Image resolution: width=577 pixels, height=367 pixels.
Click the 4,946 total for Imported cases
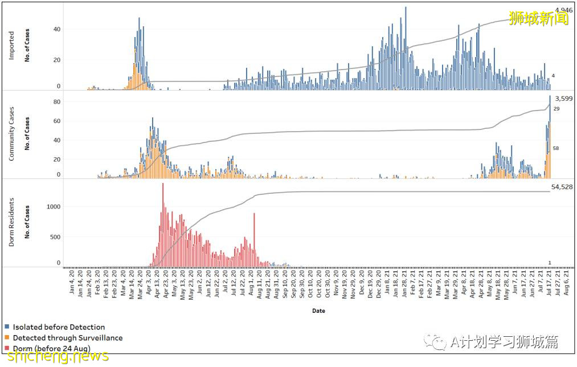coord(563,10)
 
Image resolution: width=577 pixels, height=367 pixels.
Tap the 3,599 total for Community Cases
coord(563,99)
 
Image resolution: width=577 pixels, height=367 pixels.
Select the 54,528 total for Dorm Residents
coord(562,187)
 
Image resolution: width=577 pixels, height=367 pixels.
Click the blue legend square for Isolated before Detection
coord(7,327)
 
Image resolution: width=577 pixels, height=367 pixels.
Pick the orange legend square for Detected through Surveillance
coord(7,338)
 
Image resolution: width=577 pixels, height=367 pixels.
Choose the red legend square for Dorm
coord(7,348)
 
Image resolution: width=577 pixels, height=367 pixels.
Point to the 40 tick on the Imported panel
coord(57,29)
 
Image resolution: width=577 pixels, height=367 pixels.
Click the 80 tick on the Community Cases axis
coord(57,102)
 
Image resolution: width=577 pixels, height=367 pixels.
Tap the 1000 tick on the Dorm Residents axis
coord(54,207)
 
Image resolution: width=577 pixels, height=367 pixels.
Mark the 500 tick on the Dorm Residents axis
coord(55,236)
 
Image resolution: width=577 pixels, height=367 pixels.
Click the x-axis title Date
coord(318,311)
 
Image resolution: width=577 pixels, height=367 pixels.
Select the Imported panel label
coord(11,46)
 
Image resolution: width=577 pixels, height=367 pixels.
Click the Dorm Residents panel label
coord(11,222)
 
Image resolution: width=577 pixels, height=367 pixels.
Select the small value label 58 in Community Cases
coord(556,148)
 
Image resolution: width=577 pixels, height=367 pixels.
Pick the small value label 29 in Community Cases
coord(556,109)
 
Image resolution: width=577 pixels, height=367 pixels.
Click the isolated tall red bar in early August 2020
coord(254,239)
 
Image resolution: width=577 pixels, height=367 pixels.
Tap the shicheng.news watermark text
coord(55,356)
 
